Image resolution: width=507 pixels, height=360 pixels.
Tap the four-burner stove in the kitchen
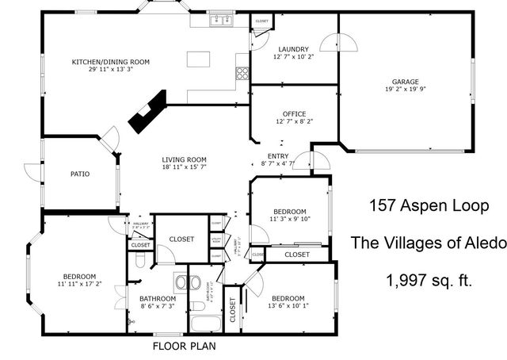click(x=242, y=74)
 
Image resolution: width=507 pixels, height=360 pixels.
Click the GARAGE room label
click(x=405, y=81)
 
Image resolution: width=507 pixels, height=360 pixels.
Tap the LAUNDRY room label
click(x=293, y=48)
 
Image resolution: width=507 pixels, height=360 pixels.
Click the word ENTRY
click(x=278, y=156)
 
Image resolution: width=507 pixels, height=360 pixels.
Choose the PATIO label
click(x=79, y=174)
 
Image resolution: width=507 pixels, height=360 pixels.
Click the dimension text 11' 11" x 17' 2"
click(x=79, y=283)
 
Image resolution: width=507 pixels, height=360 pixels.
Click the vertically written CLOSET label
click(x=233, y=312)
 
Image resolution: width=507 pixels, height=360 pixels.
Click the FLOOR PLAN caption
click(x=184, y=347)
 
